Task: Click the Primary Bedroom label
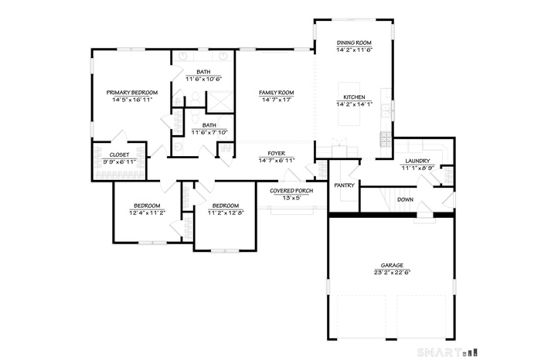tap(132, 93)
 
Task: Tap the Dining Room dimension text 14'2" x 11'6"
tap(354, 49)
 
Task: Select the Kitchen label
tap(354, 97)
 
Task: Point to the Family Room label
tap(277, 93)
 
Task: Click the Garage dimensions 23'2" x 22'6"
tap(392, 272)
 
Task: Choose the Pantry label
tap(345, 185)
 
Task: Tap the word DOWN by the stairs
tap(405, 199)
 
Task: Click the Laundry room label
tap(417, 161)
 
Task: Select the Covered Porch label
tap(291, 191)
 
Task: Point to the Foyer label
tap(277, 154)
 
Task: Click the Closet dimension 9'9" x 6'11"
tap(119, 161)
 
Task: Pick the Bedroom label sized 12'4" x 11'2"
tap(147, 205)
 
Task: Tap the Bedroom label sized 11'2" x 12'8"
tap(226, 205)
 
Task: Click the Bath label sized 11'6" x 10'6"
tap(203, 72)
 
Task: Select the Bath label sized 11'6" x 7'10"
tap(209, 125)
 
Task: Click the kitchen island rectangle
tap(349, 104)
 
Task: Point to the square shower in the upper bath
tap(219, 101)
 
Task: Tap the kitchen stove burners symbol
tap(386, 139)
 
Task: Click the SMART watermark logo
tap(447, 352)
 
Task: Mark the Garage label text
tap(392, 266)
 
